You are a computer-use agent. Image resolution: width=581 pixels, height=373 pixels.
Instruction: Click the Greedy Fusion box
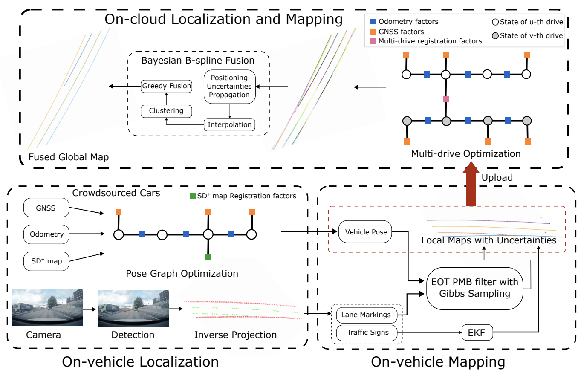pos(166,86)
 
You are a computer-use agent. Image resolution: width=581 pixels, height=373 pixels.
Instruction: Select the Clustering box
pos(166,111)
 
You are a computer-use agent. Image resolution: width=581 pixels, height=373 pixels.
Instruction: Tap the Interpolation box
pos(230,124)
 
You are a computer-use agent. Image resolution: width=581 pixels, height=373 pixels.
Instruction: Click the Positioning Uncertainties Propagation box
pos(229,87)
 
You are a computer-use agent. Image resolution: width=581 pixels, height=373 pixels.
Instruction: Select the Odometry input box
pos(46,234)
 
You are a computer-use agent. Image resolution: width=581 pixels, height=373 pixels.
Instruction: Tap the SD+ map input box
pos(46,261)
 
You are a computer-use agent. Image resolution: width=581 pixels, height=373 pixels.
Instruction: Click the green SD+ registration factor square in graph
pos(208,257)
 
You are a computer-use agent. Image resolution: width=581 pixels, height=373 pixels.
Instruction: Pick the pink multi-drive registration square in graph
pos(446,99)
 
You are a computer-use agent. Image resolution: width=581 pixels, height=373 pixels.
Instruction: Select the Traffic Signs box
pos(368,332)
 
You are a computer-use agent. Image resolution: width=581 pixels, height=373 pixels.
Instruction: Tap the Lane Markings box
pos(366,315)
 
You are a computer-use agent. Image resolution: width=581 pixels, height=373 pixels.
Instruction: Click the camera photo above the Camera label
pos(47,308)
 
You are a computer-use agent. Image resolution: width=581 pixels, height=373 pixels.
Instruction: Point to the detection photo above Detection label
pos(133,308)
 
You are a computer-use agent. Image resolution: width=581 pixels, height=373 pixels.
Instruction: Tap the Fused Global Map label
pos(69,157)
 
